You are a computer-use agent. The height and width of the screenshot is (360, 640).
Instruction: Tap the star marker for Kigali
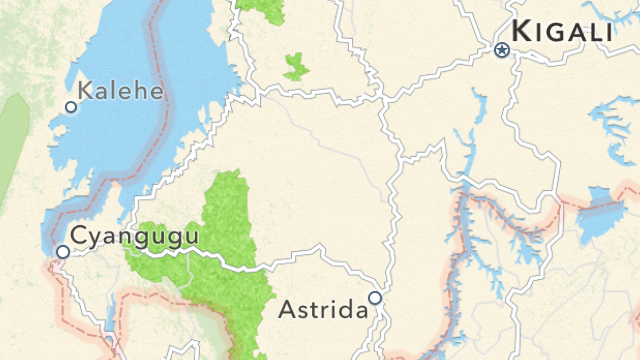tap(502, 48)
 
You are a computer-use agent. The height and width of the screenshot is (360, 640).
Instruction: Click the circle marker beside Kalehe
tap(71, 106)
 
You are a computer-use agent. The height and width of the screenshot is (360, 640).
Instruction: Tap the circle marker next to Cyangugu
tap(63, 252)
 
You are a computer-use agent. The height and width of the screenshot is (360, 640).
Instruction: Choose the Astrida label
tap(323, 308)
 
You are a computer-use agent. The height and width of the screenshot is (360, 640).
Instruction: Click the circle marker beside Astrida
tap(375, 297)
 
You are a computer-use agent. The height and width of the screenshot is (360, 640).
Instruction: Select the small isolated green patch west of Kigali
tap(295, 67)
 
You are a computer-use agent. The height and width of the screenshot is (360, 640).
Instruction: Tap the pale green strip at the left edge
tap(12, 150)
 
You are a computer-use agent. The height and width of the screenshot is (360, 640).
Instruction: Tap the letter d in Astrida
tap(344, 308)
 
